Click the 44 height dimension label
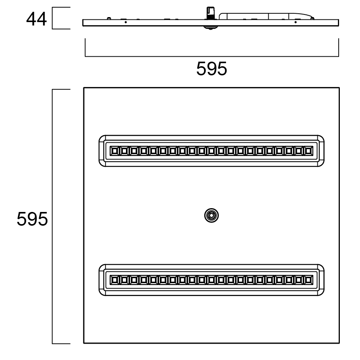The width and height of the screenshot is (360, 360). pos(37,19)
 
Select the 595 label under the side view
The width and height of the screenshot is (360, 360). pos(212,68)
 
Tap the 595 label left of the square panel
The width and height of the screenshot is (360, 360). pos(32,219)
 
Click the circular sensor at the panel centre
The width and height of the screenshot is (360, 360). pos(212,215)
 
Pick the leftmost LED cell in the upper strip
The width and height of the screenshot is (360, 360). pos(114,151)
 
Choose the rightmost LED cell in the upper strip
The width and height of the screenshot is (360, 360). pos(308,151)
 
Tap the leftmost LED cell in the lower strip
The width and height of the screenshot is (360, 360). pos(114,280)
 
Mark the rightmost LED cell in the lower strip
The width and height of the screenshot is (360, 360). pos(308,280)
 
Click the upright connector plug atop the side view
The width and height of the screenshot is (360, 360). pos(210,13)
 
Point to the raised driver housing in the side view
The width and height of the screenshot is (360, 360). pos(266,16)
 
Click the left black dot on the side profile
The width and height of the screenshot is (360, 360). pos(126,22)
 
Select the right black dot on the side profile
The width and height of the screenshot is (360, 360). pos(295,22)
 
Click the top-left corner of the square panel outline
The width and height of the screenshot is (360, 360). pos(84,88)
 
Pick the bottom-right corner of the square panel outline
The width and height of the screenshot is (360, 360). pos(339,343)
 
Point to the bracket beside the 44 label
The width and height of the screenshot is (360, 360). pos(53,18)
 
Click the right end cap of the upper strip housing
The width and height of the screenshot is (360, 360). pos(321,151)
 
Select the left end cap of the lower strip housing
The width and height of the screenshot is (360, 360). pos(102,280)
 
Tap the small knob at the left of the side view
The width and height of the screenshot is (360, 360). pos(109,18)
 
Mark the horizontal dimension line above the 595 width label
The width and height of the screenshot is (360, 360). pos(212,56)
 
